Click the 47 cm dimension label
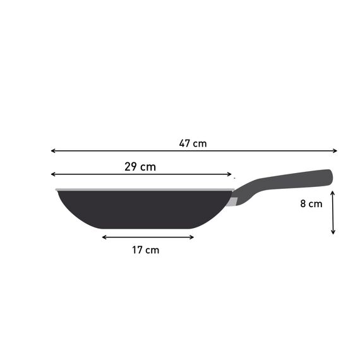(x=193, y=143)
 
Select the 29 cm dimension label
(x=140, y=167)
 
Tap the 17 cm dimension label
(x=145, y=250)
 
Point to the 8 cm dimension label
(x=311, y=203)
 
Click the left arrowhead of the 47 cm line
(x=53, y=151)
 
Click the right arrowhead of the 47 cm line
(x=335, y=151)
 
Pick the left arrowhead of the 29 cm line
(x=53, y=174)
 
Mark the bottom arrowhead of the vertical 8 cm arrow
(x=333, y=232)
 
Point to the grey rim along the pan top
(x=145, y=189)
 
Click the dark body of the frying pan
(x=145, y=208)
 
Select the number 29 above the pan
(x=131, y=167)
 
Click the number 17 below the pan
(x=138, y=250)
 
